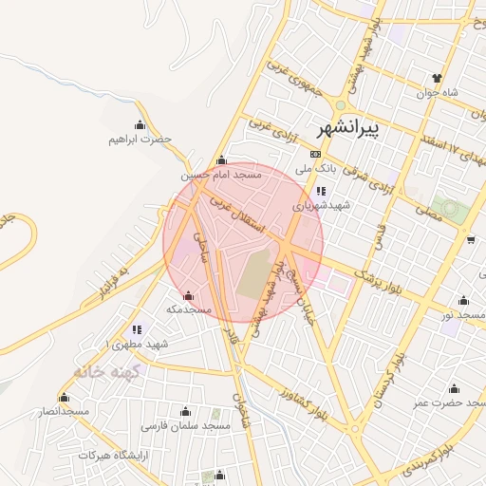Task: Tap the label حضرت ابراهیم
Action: [x=140, y=140]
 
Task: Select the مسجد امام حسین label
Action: [x=220, y=176]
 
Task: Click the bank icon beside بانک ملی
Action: [x=315, y=154]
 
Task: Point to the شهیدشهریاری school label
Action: [x=321, y=204]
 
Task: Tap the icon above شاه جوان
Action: [x=437, y=78]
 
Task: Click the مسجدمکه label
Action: [x=188, y=309]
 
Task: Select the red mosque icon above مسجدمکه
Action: [x=188, y=295]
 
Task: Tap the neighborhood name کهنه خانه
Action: [x=105, y=372]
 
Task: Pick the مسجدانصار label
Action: [x=63, y=411]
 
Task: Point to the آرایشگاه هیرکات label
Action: [x=114, y=456]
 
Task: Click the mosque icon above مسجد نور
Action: [x=463, y=300]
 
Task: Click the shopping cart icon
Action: [x=472, y=239]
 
